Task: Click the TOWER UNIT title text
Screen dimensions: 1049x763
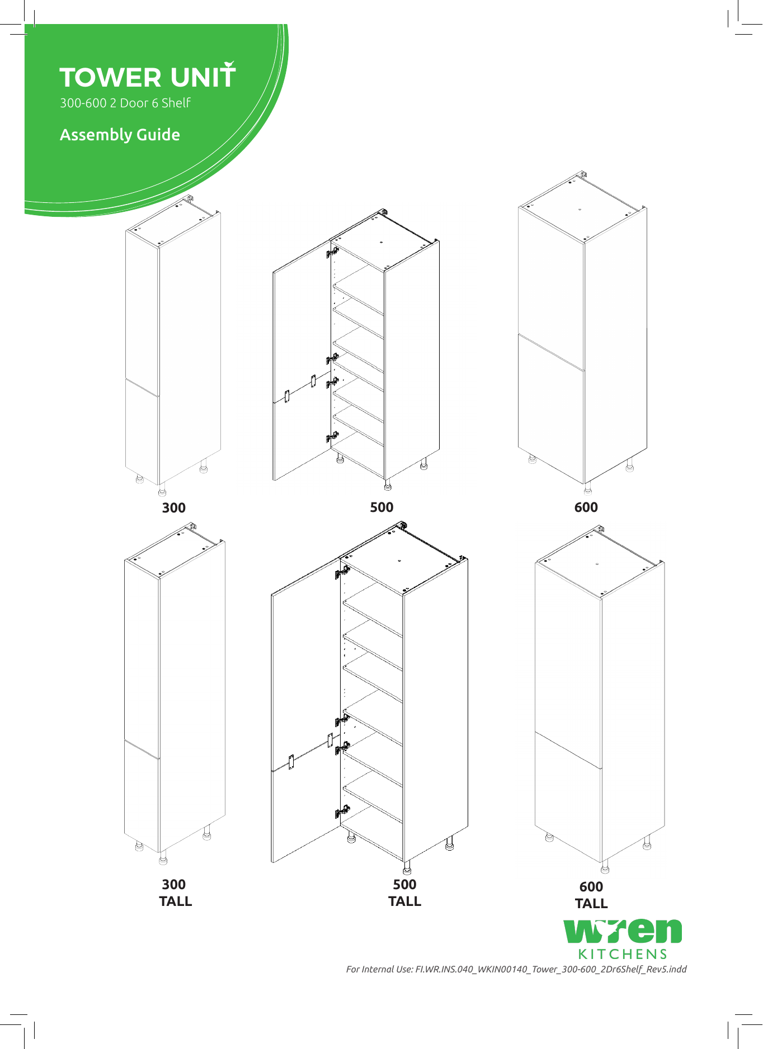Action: tap(147, 77)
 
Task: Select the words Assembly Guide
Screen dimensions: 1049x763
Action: tap(120, 135)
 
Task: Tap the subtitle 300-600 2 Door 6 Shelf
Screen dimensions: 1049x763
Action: tap(125, 103)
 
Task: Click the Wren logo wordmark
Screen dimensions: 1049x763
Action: tap(622, 932)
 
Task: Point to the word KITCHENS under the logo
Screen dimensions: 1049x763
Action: tap(622, 953)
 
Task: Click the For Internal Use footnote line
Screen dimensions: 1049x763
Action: tap(516, 969)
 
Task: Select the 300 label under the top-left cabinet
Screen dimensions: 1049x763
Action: tap(173, 507)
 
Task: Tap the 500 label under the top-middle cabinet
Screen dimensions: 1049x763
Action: tap(381, 507)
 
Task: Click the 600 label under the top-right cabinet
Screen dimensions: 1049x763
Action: tap(586, 507)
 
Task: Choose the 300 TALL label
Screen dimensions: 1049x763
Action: tap(175, 893)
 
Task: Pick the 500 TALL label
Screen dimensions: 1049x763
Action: tap(404, 893)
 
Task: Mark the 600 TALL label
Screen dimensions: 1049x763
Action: tap(591, 895)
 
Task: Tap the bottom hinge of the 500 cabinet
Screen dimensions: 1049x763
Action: tap(332, 436)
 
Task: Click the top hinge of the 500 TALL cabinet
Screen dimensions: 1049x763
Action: tap(342, 572)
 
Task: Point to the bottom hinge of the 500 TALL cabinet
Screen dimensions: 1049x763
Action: tap(342, 811)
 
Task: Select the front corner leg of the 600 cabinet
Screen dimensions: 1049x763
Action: tap(587, 489)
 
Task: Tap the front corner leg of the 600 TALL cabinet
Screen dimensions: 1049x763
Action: tap(605, 867)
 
